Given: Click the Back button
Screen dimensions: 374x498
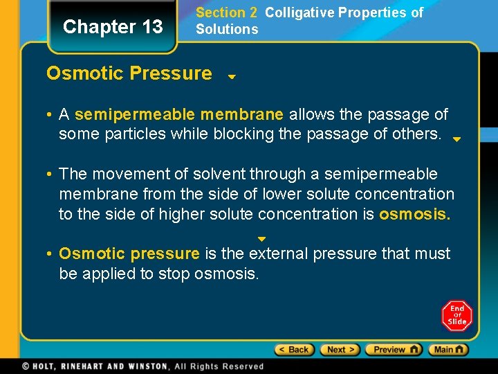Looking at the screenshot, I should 295,350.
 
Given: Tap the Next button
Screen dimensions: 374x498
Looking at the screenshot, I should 340,350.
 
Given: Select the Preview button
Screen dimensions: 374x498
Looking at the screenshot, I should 393,350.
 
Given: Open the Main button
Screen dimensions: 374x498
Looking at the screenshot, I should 448,350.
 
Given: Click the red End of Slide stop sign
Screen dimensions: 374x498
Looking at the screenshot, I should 456,316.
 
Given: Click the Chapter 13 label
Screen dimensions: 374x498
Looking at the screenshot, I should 113,27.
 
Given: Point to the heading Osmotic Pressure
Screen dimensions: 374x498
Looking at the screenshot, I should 129,73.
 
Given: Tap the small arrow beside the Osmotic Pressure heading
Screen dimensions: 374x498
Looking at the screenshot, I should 232,77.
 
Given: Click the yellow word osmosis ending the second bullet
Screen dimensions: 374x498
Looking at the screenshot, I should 414,215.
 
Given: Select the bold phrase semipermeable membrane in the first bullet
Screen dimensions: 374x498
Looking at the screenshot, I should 179,114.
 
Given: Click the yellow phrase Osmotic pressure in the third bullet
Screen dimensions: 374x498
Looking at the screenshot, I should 129,254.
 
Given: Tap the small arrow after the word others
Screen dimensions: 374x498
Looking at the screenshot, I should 456,139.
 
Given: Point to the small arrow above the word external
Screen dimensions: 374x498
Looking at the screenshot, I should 261,239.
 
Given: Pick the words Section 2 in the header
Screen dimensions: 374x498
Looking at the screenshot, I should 226,12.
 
